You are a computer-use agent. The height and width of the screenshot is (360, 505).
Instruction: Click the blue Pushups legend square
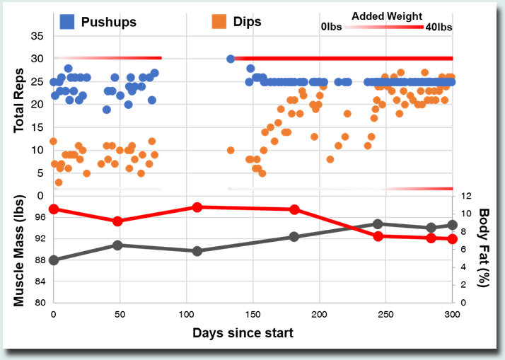[x=67, y=21]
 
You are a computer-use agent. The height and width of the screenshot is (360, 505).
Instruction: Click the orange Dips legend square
[x=220, y=21]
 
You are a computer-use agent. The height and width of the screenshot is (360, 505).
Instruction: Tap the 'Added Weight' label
[x=387, y=16]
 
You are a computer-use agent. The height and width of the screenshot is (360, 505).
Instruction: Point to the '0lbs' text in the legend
[x=333, y=27]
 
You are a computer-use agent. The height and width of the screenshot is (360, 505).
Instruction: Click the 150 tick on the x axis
[x=253, y=314]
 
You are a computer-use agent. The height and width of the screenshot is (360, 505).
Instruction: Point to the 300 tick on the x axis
[x=452, y=314]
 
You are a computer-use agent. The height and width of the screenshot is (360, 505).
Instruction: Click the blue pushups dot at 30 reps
[x=231, y=59]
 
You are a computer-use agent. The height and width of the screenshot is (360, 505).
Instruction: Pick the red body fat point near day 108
[x=197, y=207]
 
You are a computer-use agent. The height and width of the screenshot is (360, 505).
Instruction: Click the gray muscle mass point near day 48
[x=118, y=245]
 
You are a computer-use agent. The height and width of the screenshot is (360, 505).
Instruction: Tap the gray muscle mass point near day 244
[x=378, y=224]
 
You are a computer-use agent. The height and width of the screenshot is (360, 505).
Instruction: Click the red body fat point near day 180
[x=294, y=209]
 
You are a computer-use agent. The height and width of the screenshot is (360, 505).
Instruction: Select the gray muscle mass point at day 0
[x=54, y=260]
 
